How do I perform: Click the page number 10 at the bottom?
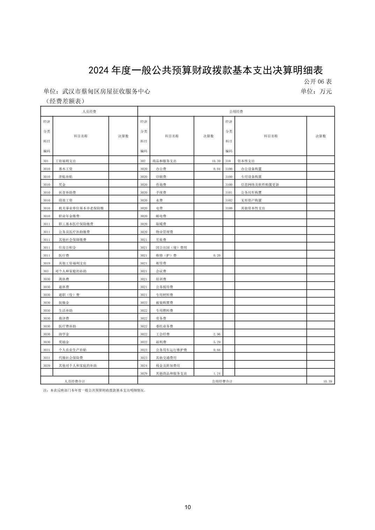pyautogui.click(x=187, y=507)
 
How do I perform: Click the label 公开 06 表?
pyautogui.click(x=317, y=82)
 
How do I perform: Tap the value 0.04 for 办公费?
pyautogui.click(x=217, y=169)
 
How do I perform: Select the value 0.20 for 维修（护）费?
pyautogui.click(x=217, y=256)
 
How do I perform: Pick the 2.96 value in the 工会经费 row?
pyautogui.click(x=217, y=334)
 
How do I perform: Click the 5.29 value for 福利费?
pyautogui.click(x=217, y=342)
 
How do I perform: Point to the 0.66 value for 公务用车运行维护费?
pyautogui.click(x=217, y=350)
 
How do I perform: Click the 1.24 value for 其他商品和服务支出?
pyautogui.click(x=217, y=373)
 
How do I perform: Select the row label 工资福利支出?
pyautogui.click(x=66, y=161)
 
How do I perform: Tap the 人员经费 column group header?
pyautogui.click(x=89, y=112)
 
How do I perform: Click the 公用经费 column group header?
pyautogui.click(x=236, y=112)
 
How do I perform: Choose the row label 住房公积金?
pyautogui.click(x=67, y=248)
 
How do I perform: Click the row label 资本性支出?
pyautogui.click(x=246, y=161)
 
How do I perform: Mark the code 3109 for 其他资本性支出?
pyautogui.click(x=229, y=208)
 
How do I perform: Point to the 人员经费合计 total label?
pyautogui.click(x=75, y=381)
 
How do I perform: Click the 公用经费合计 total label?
pyautogui.click(x=222, y=381)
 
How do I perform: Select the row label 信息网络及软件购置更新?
pyautogui.click(x=260, y=184)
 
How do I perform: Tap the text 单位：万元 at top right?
pyautogui.click(x=316, y=92)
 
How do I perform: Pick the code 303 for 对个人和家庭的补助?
pyautogui.click(x=46, y=271)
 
